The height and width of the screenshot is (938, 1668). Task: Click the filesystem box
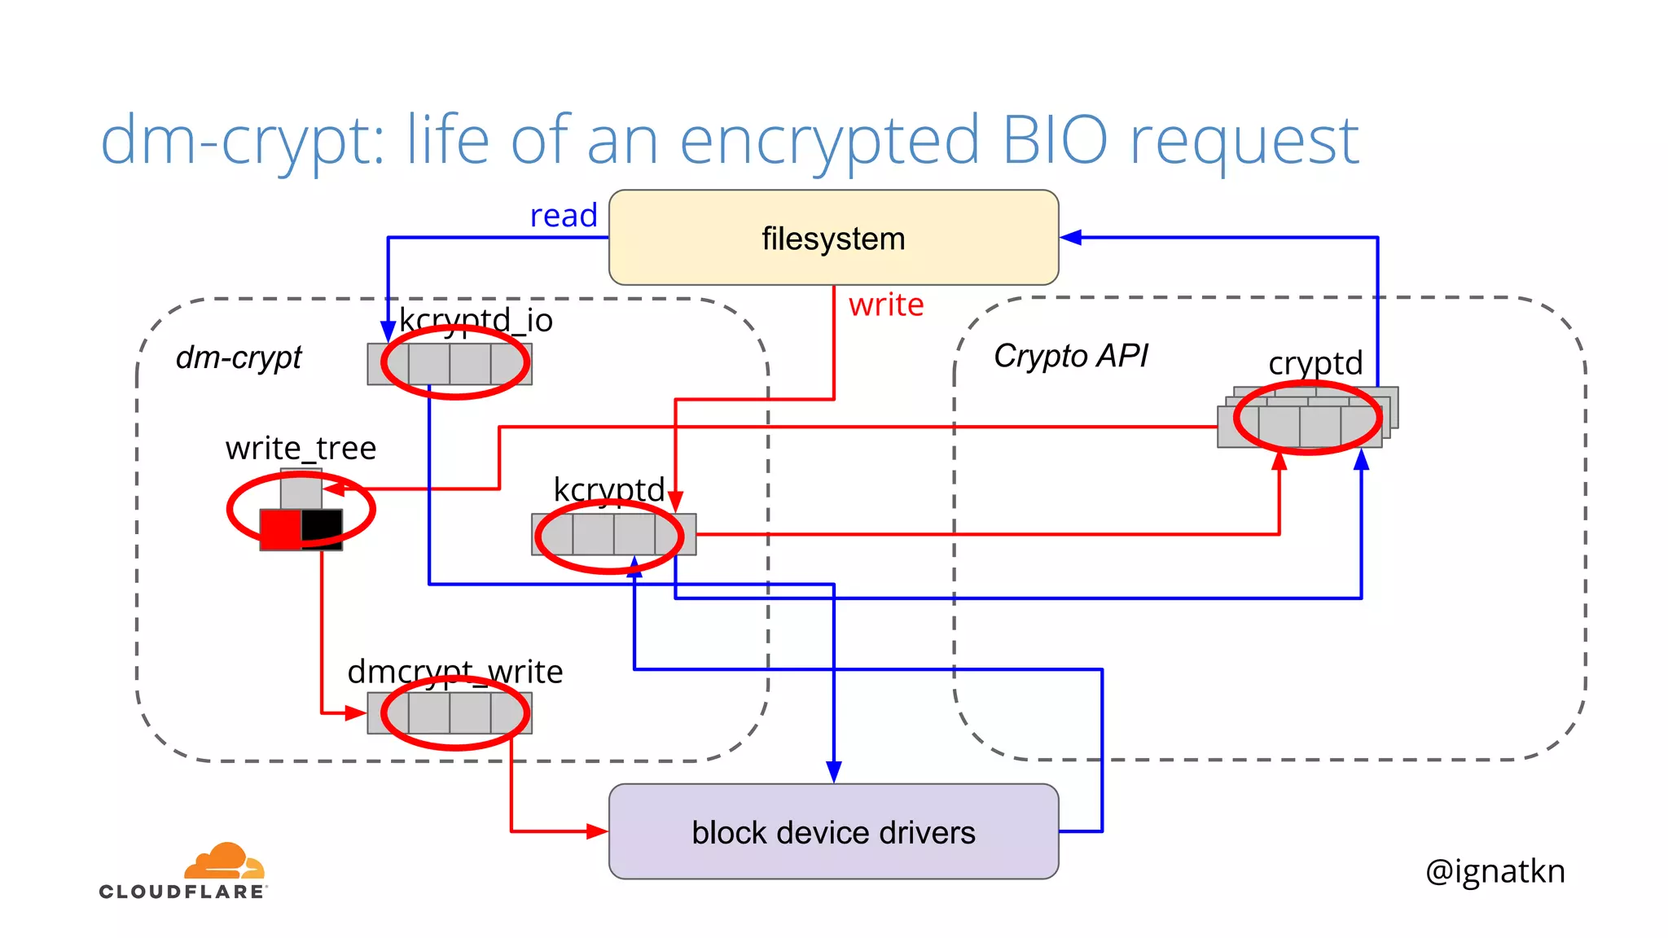[833, 238]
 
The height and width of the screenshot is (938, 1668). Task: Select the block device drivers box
[833, 831]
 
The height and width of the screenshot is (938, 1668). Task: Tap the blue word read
[564, 216]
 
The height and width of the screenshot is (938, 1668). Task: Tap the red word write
[886, 305]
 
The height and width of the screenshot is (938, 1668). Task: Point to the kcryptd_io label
[476, 320]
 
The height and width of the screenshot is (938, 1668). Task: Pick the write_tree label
[301, 448]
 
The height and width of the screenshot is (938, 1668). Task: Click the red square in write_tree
[280, 529]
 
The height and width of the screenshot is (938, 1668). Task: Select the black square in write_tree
[322, 528]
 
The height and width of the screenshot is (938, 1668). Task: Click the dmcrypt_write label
[454, 672]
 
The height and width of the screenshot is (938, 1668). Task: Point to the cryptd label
[1315, 362]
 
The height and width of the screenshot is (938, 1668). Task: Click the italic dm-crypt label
[239, 357]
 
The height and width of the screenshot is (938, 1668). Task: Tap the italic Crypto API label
[1070, 356]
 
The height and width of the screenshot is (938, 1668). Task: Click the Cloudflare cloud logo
[224, 861]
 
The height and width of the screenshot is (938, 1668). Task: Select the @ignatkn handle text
[1495, 871]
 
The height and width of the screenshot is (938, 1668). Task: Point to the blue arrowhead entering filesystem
[1070, 237]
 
